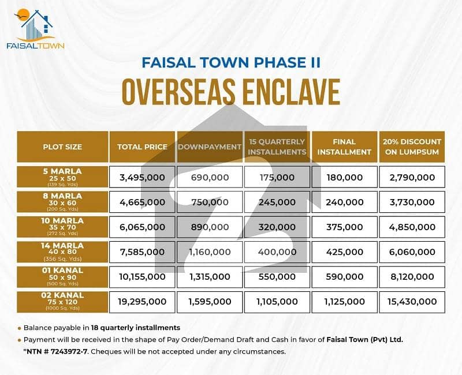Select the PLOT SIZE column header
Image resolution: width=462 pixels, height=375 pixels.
coord(62,147)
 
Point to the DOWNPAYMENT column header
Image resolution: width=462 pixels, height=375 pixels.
coord(209,147)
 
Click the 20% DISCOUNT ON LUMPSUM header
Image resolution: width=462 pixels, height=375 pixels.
coord(412,147)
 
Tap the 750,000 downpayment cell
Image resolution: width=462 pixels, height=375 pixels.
coord(209,201)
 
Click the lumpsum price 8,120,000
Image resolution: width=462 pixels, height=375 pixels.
coord(412,276)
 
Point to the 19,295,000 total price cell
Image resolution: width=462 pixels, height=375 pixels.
coord(142,301)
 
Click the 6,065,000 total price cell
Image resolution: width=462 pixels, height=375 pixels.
coord(142,227)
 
